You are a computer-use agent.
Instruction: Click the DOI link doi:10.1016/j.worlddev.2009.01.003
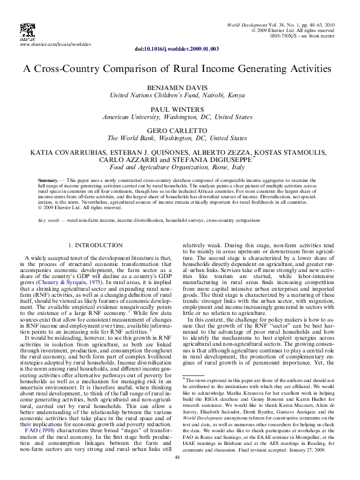(177, 48)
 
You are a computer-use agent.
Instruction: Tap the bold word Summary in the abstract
(48, 181)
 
